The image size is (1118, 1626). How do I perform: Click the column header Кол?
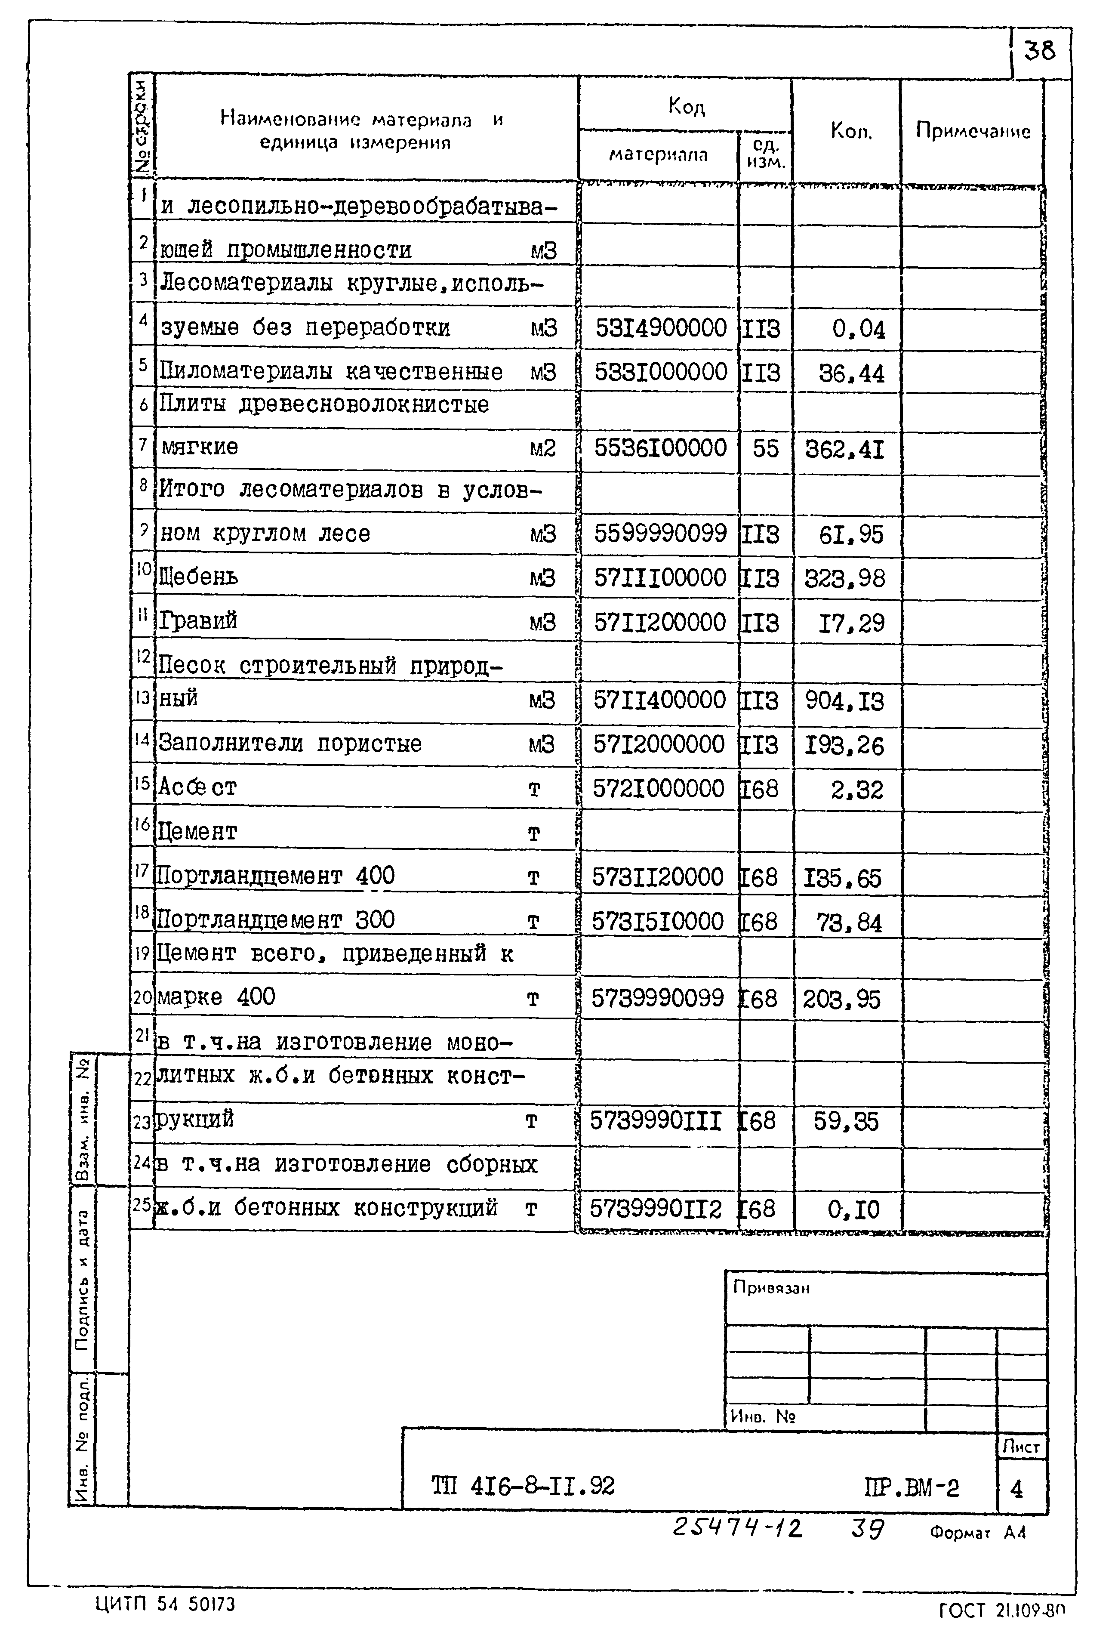pyautogui.click(x=851, y=131)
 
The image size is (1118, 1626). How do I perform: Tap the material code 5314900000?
pyautogui.click(x=661, y=328)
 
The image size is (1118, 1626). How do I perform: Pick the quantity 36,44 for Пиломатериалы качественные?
pyautogui.click(x=851, y=373)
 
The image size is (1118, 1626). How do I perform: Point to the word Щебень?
pyautogui.click(x=199, y=577)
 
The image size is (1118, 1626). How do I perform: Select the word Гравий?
pyautogui.click(x=198, y=621)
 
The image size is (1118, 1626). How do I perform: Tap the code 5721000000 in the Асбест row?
pyautogui.click(x=659, y=789)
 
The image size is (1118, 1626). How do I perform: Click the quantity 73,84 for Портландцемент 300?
pyautogui.click(x=849, y=923)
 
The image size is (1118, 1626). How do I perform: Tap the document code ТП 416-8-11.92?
pyautogui.click(x=523, y=1486)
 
